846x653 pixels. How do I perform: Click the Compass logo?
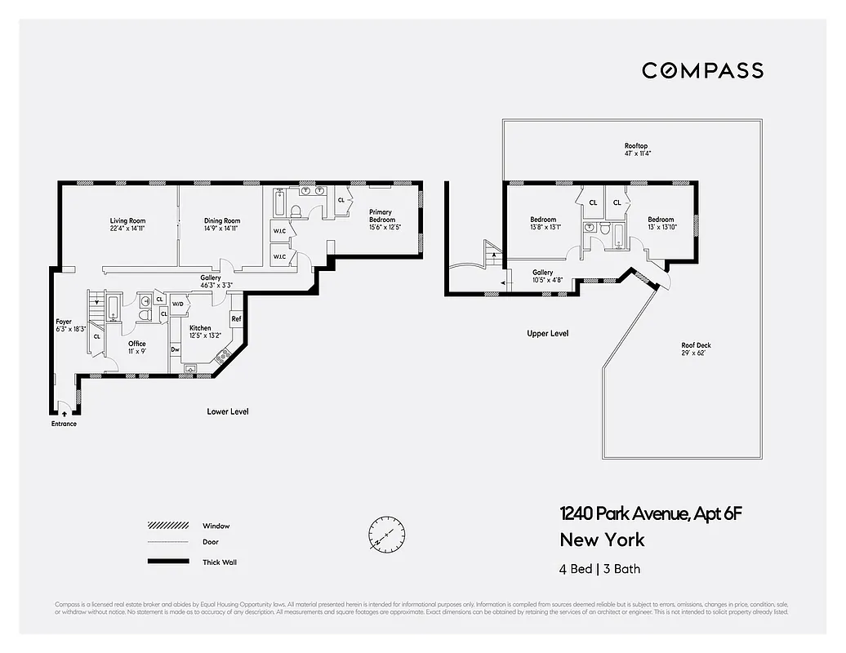[x=702, y=70]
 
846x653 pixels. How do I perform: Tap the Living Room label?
[x=127, y=220]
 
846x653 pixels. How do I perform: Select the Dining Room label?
[x=221, y=220]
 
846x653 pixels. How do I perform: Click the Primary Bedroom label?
[x=381, y=215]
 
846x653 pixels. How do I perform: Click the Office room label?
[x=137, y=344]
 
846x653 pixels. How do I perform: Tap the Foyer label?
[x=64, y=322]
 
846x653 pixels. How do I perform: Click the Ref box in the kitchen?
[x=236, y=318]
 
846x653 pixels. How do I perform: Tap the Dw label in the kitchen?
[x=175, y=349]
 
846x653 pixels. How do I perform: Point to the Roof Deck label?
[x=696, y=345]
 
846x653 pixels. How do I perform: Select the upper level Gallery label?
[x=543, y=273]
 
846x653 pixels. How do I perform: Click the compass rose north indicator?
[x=386, y=534]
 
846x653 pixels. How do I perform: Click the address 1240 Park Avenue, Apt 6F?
[x=651, y=514]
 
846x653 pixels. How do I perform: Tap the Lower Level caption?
[x=227, y=411]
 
